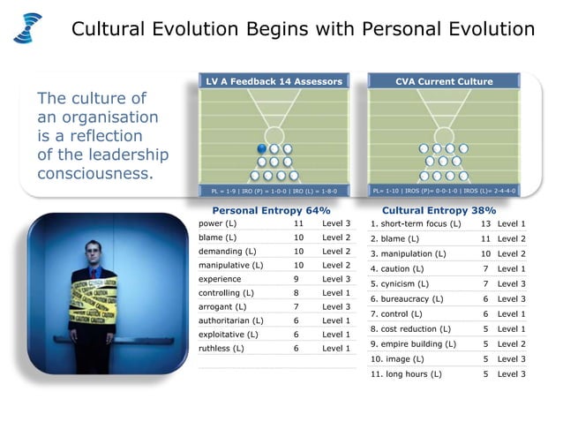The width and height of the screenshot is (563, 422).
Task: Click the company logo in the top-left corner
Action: (x=27, y=27)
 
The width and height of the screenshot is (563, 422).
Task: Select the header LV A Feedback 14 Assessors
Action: (x=274, y=82)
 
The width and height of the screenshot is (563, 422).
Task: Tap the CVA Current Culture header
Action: (x=442, y=82)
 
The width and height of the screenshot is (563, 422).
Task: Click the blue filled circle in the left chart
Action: (x=262, y=148)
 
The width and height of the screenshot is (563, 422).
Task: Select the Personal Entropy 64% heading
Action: (x=271, y=211)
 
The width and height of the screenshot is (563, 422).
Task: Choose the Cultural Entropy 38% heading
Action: (x=439, y=211)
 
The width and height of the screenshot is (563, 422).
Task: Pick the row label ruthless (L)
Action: (x=220, y=348)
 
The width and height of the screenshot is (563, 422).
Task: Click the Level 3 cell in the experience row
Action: (x=336, y=279)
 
